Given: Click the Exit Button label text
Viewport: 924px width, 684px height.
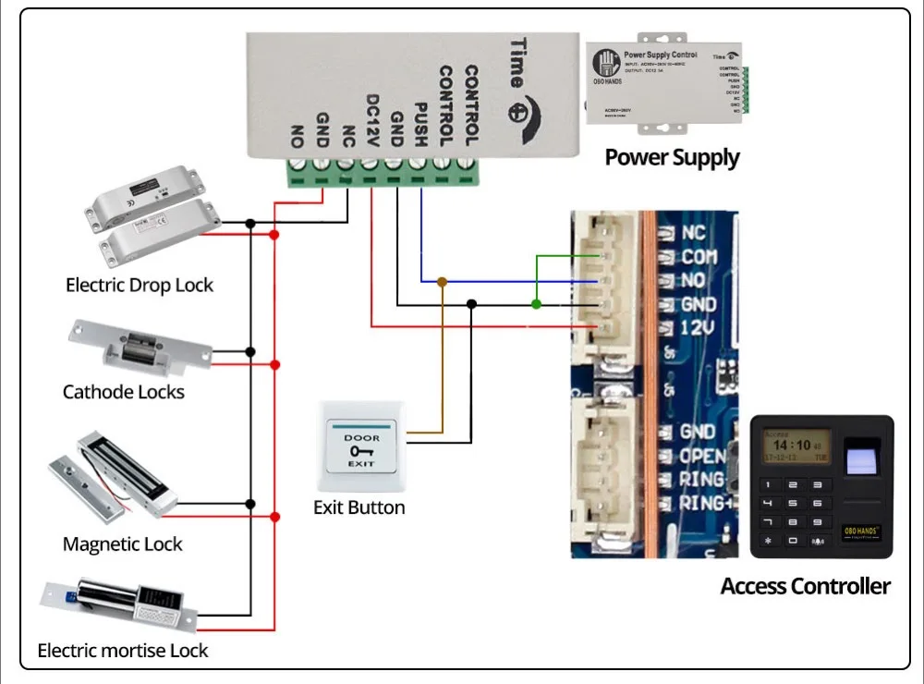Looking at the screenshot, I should tap(359, 507).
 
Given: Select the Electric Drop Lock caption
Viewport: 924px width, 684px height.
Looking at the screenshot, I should tap(140, 285).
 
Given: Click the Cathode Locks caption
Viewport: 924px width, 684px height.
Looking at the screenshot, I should tap(124, 392).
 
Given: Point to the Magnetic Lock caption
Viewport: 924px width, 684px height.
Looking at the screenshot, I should tap(123, 544).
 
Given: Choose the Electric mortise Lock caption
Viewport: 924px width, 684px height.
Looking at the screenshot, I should tap(123, 651).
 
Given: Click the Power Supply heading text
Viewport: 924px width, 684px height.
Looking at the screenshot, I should tap(672, 157).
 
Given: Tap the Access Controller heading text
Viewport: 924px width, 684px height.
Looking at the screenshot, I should tap(805, 586).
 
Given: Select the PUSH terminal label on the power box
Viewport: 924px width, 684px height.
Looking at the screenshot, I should tap(420, 121).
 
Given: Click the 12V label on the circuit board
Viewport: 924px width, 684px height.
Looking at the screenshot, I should tap(698, 328).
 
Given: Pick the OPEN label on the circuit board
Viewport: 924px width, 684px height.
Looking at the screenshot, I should tap(702, 456).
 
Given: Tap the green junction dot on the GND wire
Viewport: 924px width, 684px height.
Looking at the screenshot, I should tap(536, 303).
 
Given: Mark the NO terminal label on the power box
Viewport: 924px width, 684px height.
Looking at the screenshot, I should tap(298, 135).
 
